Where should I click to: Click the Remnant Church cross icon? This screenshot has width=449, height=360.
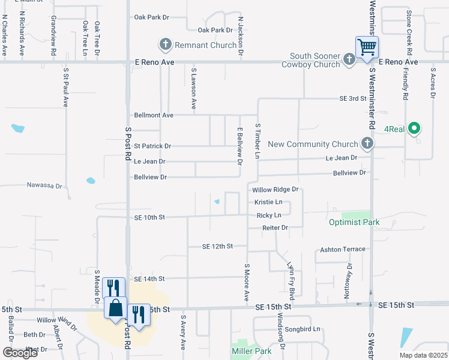click(x=165, y=44)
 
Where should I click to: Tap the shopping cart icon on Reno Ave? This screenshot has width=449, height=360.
click(x=367, y=47)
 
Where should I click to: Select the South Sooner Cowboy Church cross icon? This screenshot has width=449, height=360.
click(x=349, y=59)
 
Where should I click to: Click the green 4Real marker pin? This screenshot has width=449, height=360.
click(x=414, y=128)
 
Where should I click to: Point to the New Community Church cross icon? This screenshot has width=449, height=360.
click(x=368, y=144)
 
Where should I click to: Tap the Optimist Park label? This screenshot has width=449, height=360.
click(x=354, y=222)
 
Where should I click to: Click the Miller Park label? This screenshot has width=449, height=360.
click(x=251, y=350)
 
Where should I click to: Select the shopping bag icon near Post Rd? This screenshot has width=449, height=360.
click(x=115, y=308)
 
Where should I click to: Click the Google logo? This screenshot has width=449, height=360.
click(x=20, y=353)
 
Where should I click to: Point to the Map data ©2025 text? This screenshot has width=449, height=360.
click(x=423, y=355)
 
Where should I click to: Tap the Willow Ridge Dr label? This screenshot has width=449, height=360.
click(x=276, y=190)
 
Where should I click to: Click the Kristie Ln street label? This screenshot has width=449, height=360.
click(x=268, y=202)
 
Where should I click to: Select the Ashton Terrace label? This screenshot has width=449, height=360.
click(x=343, y=249)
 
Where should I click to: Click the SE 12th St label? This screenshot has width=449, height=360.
click(x=217, y=247)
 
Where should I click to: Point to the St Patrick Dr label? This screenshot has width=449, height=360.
click(x=152, y=146)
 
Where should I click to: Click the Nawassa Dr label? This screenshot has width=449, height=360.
click(x=44, y=186)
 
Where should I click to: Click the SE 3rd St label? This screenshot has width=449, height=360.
click(x=352, y=98)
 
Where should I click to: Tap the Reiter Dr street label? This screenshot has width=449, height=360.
click(x=276, y=228)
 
